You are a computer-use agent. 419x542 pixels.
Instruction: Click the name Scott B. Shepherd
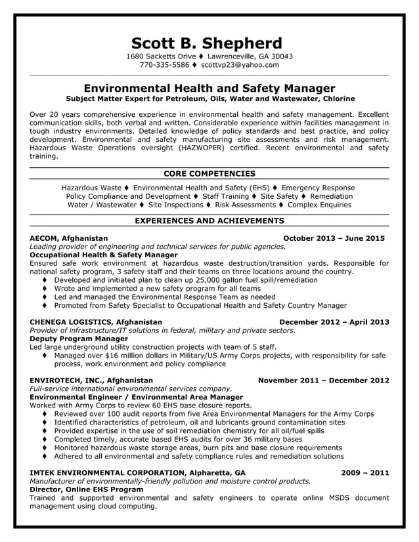click(x=206, y=43)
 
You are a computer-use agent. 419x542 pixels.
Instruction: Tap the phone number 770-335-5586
click(x=164, y=66)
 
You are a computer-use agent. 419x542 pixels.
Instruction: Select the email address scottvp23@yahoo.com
click(x=240, y=66)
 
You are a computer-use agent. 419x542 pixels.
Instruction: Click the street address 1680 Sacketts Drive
click(x=161, y=56)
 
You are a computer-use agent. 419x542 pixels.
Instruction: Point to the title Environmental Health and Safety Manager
click(x=209, y=89)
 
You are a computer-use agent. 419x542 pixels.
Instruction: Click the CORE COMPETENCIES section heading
click(x=209, y=174)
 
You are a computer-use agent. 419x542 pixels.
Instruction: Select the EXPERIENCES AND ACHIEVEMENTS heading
click(x=209, y=221)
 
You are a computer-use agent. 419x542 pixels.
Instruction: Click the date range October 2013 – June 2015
click(x=334, y=238)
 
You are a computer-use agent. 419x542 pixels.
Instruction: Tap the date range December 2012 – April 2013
click(x=334, y=322)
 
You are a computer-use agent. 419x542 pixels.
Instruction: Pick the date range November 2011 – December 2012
click(x=323, y=380)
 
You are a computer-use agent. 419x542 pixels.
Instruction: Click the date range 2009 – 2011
click(x=364, y=472)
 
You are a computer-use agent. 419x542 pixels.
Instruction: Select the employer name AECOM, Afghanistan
click(x=69, y=238)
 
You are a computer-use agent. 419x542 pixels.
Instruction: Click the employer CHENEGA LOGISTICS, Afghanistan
click(x=96, y=322)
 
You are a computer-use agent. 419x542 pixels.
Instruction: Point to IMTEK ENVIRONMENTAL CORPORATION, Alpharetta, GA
click(x=138, y=472)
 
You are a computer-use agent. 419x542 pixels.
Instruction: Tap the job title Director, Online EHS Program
click(x=87, y=490)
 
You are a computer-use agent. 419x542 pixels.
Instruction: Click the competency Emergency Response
click(x=318, y=188)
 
